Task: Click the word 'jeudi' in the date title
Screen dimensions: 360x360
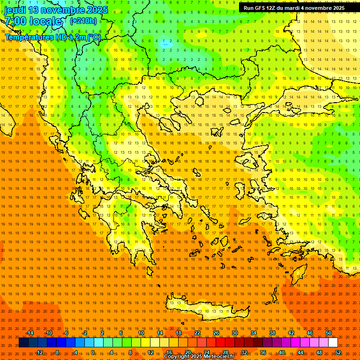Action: (15, 10)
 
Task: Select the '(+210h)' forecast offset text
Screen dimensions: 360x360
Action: (83, 21)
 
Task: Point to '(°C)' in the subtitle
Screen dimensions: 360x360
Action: (94, 37)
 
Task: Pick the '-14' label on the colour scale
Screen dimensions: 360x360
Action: (30, 333)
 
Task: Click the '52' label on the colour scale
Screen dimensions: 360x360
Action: (338, 352)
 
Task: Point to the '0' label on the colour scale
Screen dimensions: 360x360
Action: (93, 352)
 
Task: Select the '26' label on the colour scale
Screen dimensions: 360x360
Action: (216, 333)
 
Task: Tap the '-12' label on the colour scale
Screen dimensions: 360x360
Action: (39, 352)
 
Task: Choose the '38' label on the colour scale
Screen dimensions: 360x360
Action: (272, 333)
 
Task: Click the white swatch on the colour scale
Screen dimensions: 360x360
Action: (333, 342)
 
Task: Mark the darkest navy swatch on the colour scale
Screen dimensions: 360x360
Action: (23, 342)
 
